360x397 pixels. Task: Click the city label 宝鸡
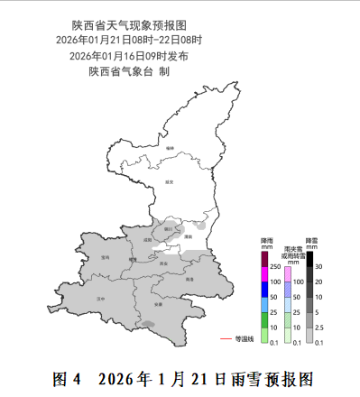[x=106, y=256]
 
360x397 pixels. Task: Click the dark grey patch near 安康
[x=147, y=324]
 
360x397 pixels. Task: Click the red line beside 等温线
[x=226, y=339]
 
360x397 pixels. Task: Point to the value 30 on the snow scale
[x=318, y=266]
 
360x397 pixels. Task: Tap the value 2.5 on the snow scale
[x=319, y=328]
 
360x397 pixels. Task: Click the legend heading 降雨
[x=265, y=241]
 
